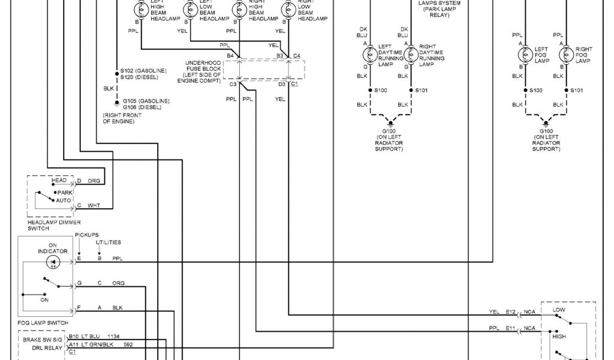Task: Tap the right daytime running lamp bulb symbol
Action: coord(411,55)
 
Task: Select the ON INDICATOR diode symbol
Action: coord(54,262)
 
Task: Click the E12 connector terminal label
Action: coord(510,312)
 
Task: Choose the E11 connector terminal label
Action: coord(510,328)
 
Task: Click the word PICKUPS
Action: coord(87,235)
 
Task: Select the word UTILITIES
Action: coord(109,242)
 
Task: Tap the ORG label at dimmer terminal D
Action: coord(94,180)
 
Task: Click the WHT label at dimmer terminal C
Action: coord(94,205)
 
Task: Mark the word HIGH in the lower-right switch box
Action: coord(559,337)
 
